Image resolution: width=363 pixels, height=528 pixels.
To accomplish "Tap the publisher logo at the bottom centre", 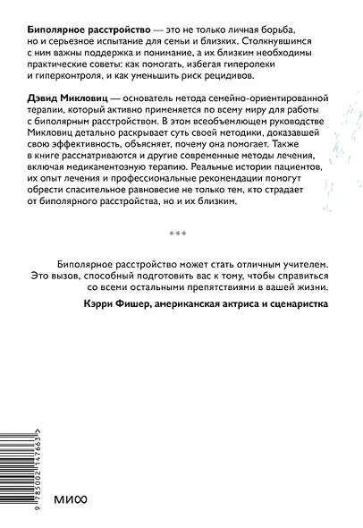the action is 181,501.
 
